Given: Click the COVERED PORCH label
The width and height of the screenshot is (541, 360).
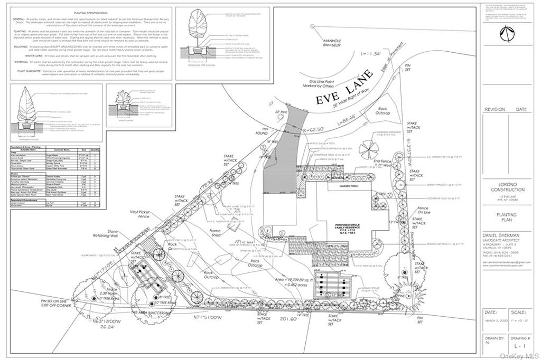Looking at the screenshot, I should [x=343, y=186].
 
